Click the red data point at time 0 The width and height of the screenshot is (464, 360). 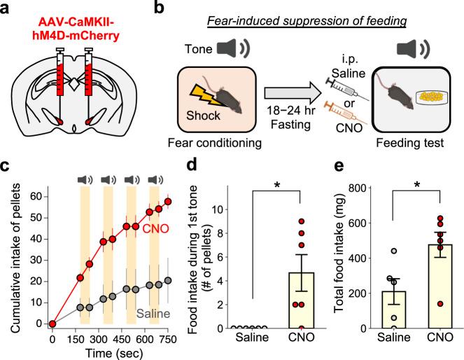(x=52, y=324)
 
